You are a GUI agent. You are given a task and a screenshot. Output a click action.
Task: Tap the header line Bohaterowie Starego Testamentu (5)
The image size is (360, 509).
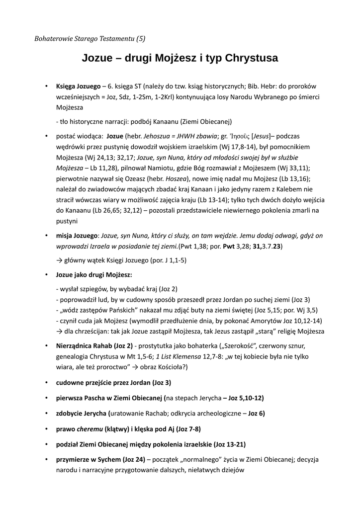tap(90, 38)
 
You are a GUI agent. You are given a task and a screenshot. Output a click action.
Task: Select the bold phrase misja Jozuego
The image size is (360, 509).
tap(77, 236)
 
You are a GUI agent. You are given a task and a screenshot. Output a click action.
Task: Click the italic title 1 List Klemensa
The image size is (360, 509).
tap(180, 356)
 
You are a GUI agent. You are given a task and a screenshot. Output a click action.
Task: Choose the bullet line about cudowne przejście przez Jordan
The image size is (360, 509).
tap(113, 382)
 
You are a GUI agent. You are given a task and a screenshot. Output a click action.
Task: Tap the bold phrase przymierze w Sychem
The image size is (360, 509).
tap(89, 459)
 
